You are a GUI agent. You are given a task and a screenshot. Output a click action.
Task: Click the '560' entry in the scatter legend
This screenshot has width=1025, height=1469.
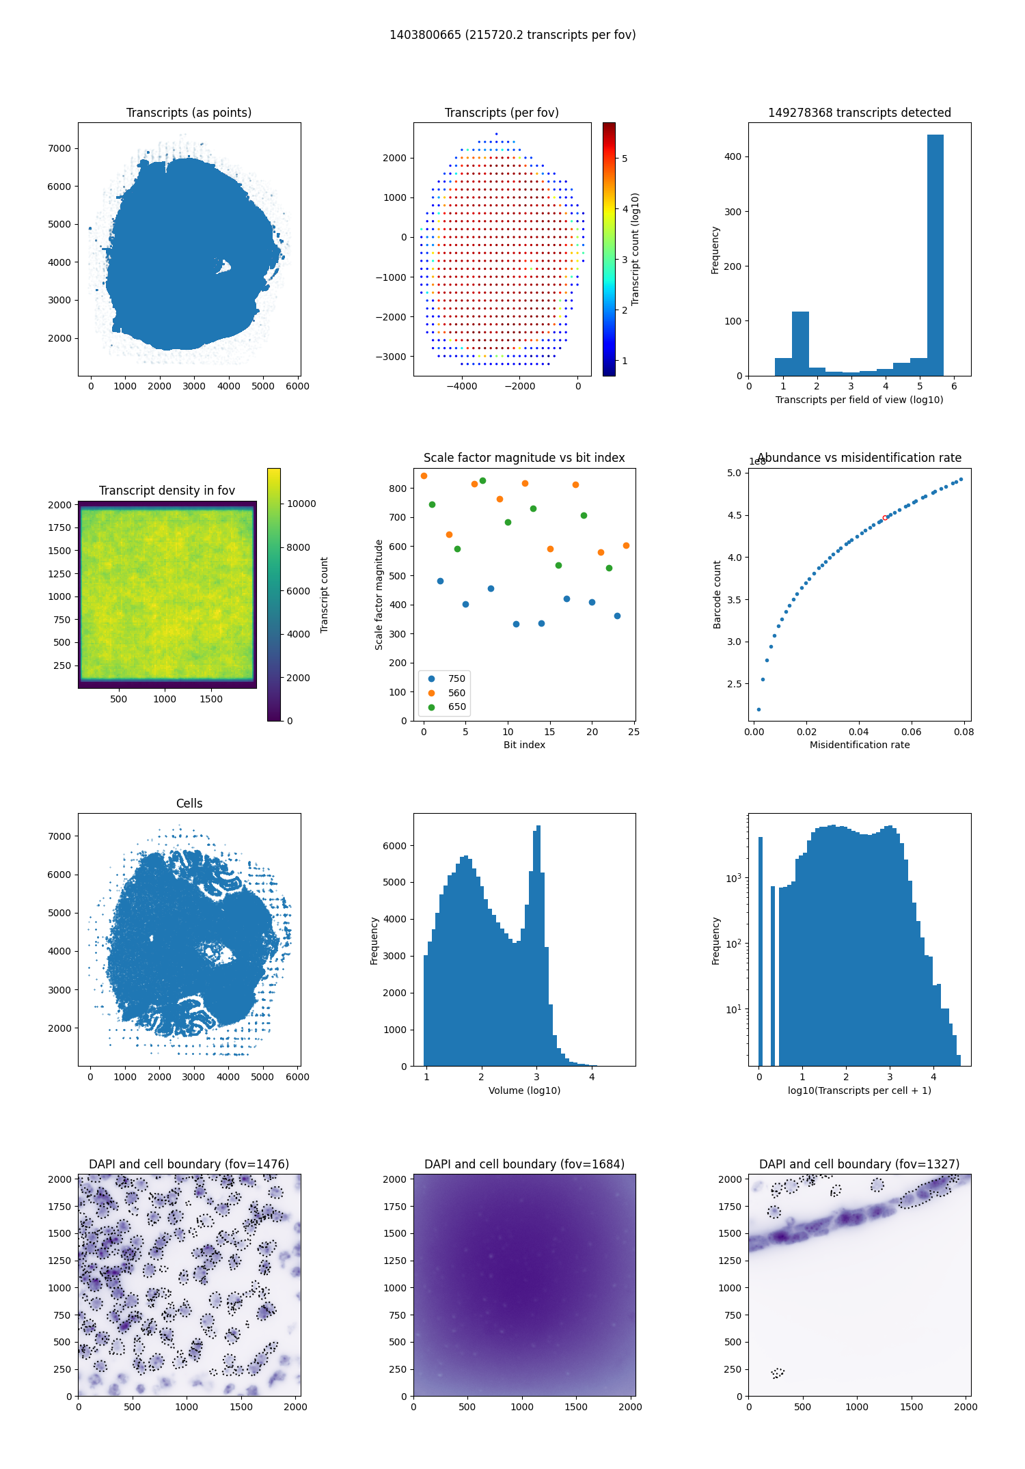point(456,693)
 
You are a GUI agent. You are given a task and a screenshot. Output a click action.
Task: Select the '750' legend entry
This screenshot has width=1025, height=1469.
point(456,678)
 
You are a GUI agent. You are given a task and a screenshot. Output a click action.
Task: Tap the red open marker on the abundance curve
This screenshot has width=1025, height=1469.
point(885,518)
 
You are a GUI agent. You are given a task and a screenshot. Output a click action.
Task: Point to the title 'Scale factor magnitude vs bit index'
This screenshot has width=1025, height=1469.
point(524,458)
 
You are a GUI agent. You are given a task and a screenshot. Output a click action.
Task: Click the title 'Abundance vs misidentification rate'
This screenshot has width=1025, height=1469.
point(860,458)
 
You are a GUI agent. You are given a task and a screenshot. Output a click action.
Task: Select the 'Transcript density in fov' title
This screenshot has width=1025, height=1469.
point(167,491)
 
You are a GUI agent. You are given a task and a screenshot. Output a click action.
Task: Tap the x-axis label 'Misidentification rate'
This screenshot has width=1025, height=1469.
point(860,745)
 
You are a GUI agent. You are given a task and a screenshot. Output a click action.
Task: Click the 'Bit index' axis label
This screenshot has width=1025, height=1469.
point(524,745)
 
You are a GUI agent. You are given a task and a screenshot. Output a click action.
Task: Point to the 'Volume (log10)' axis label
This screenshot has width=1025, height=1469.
point(524,1090)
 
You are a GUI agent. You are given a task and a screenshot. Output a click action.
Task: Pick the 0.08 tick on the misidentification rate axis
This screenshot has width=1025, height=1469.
point(963,732)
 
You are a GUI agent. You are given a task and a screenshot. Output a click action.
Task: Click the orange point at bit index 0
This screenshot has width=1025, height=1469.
point(424,476)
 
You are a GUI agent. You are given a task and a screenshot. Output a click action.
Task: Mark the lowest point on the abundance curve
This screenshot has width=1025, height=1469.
point(758,709)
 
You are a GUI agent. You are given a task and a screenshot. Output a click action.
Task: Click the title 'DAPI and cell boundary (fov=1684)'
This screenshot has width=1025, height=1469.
point(524,1164)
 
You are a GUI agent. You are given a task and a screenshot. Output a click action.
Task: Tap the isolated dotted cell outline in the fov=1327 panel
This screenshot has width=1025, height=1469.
point(778,1373)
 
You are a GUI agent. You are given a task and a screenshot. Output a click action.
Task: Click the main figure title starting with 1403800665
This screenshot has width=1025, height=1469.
point(512,35)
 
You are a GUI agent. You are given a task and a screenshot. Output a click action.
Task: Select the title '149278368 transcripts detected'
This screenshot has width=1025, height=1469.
point(860,113)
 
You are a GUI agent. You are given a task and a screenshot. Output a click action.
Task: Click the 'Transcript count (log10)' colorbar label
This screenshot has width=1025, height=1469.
point(635,249)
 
